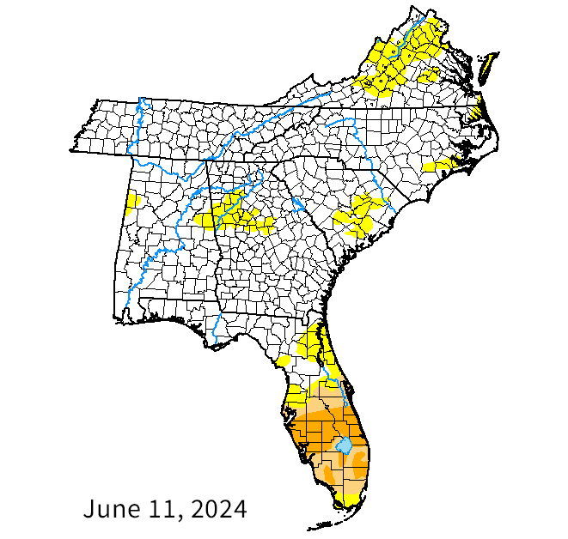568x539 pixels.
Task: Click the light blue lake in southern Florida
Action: click(x=343, y=446)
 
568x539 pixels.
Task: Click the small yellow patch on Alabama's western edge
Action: click(x=133, y=201)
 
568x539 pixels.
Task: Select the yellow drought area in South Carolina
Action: click(x=356, y=215)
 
